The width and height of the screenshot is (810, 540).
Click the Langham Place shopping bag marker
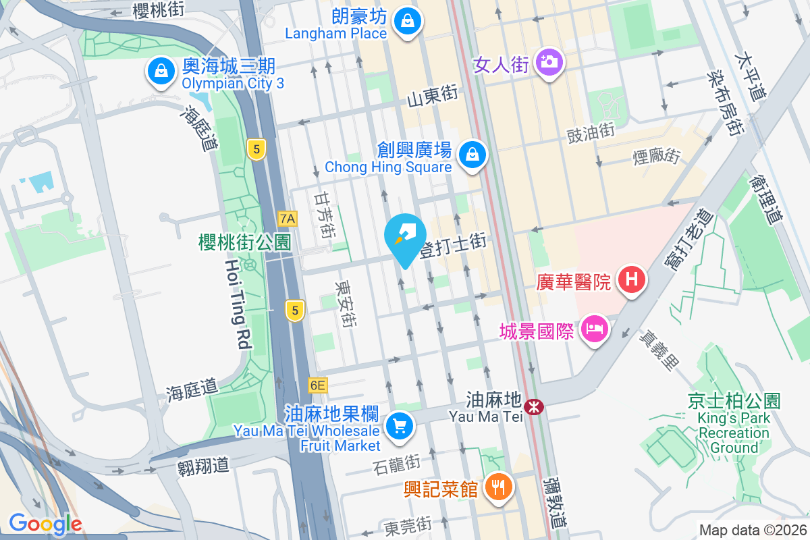(408, 22)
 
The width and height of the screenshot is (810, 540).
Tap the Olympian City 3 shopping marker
(161, 71)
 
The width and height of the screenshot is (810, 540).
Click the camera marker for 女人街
(549, 63)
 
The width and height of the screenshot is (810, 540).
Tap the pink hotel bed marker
(595, 330)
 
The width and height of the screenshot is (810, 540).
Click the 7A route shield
(288, 218)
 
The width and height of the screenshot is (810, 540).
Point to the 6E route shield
(317, 385)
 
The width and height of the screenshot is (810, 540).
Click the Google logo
(45, 524)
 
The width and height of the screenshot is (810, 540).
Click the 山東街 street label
(433, 99)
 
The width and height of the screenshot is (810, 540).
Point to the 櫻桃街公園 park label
(245, 242)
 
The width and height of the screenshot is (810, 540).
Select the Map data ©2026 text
(752, 530)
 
